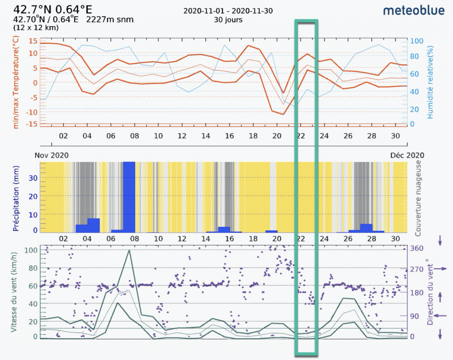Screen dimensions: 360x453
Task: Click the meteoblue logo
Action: (x=414, y=11)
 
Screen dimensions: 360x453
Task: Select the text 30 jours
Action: (x=228, y=20)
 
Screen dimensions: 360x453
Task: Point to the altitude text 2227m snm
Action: (x=110, y=19)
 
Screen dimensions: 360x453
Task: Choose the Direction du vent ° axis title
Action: (x=430, y=292)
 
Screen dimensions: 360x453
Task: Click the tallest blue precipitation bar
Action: (x=129, y=197)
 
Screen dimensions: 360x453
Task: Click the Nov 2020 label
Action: (x=51, y=155)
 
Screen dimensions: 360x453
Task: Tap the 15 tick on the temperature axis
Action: (x=33, y=41)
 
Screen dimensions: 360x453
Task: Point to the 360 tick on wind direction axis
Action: (x=418, y=248)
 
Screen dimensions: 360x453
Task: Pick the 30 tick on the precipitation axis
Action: (x=34, y=178)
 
